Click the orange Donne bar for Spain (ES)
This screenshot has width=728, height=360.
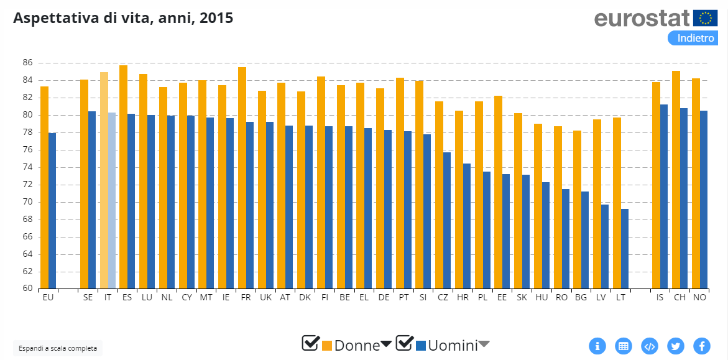pyautogui.click(x=123, y=177)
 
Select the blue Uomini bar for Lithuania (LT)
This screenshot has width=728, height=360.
pyautogui.click(x=625, y=249)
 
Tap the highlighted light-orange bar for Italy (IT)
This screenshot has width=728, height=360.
pyautogui.click(x=104, y=180)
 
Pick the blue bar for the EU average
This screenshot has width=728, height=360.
pyautogui.click(x=52, y=211)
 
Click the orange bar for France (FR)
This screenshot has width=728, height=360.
pyautogui.click(x=242, y=178)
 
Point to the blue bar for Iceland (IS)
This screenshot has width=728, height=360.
pyautogui.click(x=664, y=196)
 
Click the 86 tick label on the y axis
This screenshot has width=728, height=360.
pyautogui.click(x=27, y=63)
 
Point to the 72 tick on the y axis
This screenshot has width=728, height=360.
pyautogui.click(x=27, y=185)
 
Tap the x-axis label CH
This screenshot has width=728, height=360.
pyautogui.click(x=680, y=297)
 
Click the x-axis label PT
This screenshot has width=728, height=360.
pyautogui.click(x=403, y=297)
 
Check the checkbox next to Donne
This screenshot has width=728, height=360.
pyautogui.click(x=310, y=343)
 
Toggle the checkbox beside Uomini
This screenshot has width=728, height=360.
pyautogui.click(x=404, y=343)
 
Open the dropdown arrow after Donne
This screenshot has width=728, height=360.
pyautogui.click(x=386, y=344)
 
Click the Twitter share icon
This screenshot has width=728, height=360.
pyautogui.click(x=676, y=346)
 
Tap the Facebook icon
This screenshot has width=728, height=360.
pyautogui.click(x=702, y=346)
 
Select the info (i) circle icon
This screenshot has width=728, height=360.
pyautogui.click(x=597, y=346)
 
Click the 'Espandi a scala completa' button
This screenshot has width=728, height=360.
pyautogui.click(x=58, y=348)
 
